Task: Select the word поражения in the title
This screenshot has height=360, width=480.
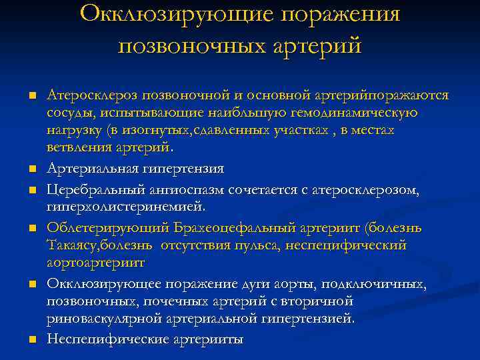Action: pyautogui.click(x=337, y=15)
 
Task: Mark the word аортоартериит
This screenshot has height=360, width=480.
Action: pyautogui.click(x=95, y=263)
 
